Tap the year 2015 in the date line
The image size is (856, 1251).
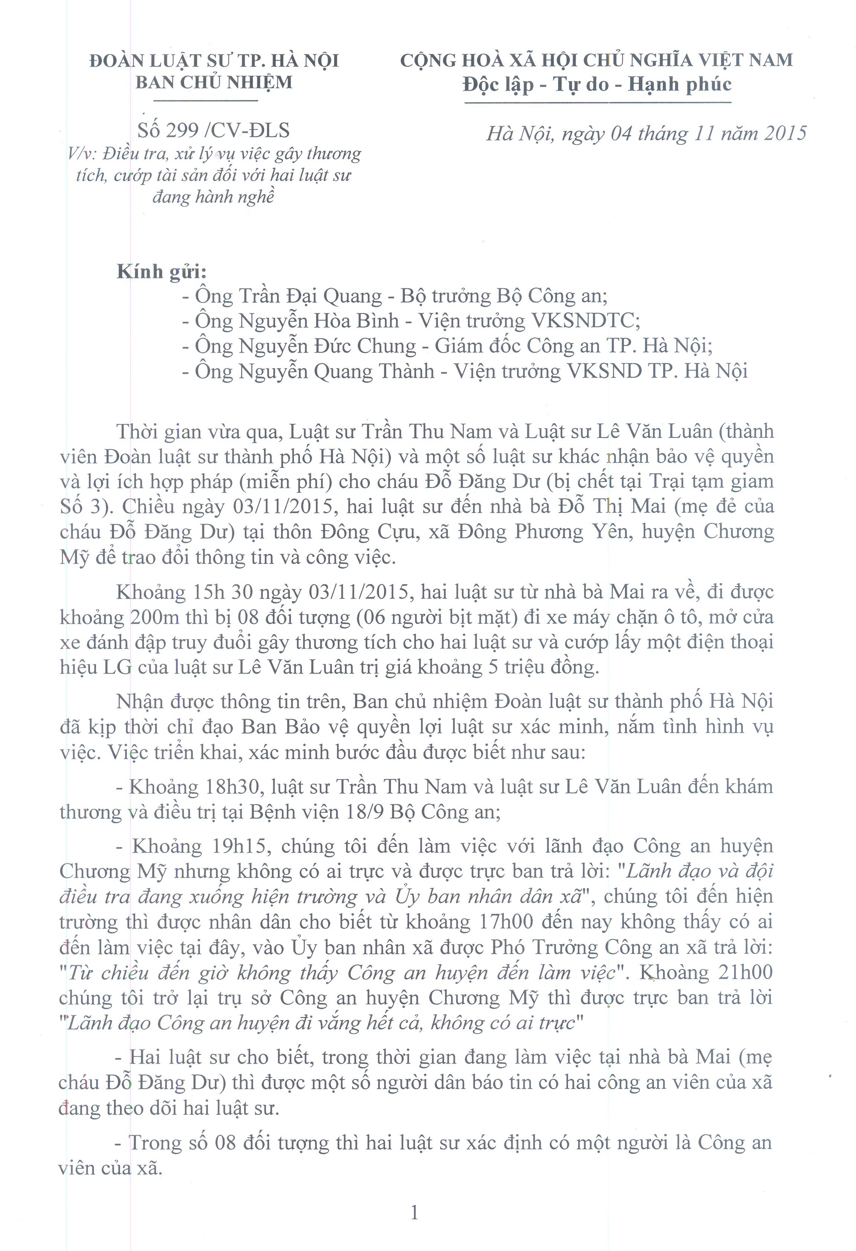784,133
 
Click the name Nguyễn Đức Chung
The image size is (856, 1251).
327,346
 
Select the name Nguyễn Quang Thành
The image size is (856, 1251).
336,371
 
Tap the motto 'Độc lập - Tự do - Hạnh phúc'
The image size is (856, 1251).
597,85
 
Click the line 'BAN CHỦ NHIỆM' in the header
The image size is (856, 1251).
214,82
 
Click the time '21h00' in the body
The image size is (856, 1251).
745,972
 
